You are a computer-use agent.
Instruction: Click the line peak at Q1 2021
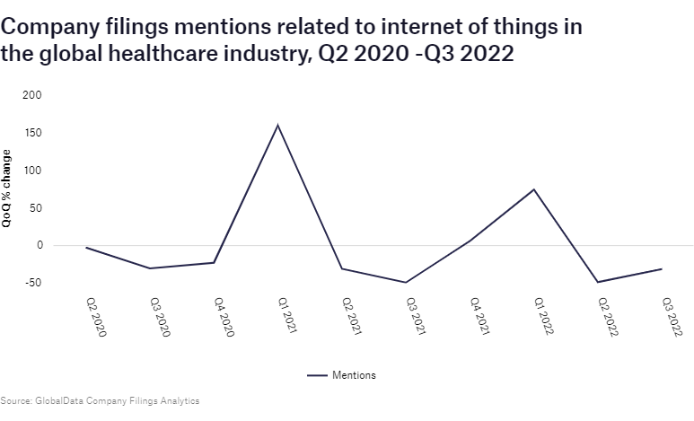tap(278, 125)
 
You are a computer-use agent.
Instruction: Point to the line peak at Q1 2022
tap(535, 189)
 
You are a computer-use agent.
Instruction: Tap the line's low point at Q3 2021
tap(407, 283)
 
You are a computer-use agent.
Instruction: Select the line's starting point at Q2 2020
tap(86, 248)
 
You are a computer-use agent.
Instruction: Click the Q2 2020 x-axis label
tap(96, 317)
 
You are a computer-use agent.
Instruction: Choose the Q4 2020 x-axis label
tap(224, 317)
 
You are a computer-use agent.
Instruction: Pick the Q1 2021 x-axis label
tap(288, 317)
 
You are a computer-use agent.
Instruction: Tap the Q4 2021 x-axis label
tap(480, 317)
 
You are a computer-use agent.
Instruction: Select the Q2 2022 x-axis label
tap(609, 317)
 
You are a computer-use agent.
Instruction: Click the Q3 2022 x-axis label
tap(672, 317)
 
